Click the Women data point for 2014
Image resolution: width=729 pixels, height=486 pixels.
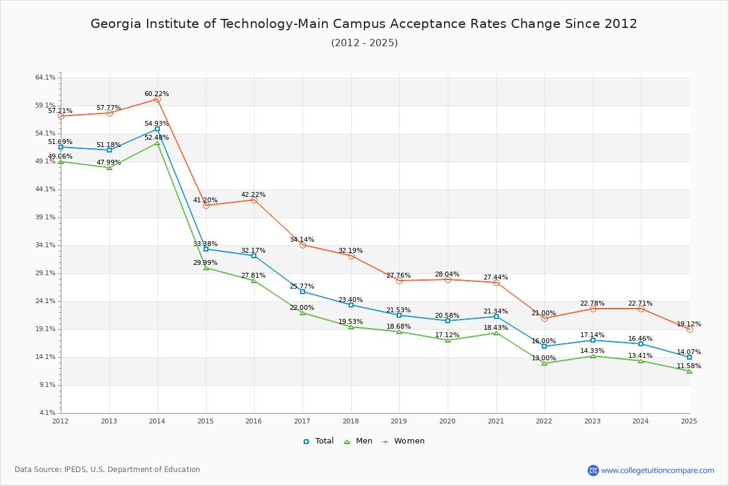[x=157, y=99]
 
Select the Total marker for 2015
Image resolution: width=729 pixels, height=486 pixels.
[x=206, y=249]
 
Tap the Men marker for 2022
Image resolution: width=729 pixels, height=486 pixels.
[x=544, y=363]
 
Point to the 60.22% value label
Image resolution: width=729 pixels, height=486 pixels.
[x=157, y=94]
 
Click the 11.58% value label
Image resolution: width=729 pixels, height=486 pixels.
[x=689, y=366]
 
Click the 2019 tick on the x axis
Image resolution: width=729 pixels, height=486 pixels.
[x=399, y=420]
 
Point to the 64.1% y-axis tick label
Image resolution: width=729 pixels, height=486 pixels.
[x=46, y=78]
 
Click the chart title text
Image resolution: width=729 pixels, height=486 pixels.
[x=364, y=24]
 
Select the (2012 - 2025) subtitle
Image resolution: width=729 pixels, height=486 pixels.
[x=364, y=43]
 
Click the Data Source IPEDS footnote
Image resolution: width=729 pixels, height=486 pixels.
[x=108, y=470]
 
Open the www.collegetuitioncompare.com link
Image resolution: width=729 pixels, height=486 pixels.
[x=657, y=470]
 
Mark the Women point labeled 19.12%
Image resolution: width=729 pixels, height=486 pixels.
[x=690, y=329]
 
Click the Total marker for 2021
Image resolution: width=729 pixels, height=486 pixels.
[x=496, y=317]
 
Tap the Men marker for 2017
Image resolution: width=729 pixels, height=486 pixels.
[x=303, y=313]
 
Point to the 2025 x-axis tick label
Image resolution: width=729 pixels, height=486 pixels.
[x=689, y=420]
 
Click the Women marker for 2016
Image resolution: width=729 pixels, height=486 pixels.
[x=254, y=200]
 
